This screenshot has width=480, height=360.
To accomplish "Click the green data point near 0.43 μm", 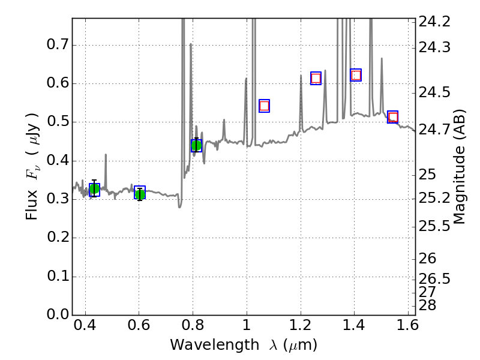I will (94, 190).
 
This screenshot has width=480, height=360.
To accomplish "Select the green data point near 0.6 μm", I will (140, 193).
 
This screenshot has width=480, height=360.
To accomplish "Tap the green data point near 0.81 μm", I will (196, 145).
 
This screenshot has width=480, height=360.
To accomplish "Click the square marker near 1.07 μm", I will (264, 106).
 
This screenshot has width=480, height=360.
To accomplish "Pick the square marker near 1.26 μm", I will (316, 78).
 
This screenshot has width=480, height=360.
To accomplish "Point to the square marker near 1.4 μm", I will (356, 75).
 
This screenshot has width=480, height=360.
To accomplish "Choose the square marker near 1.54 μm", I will (393, 117).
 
